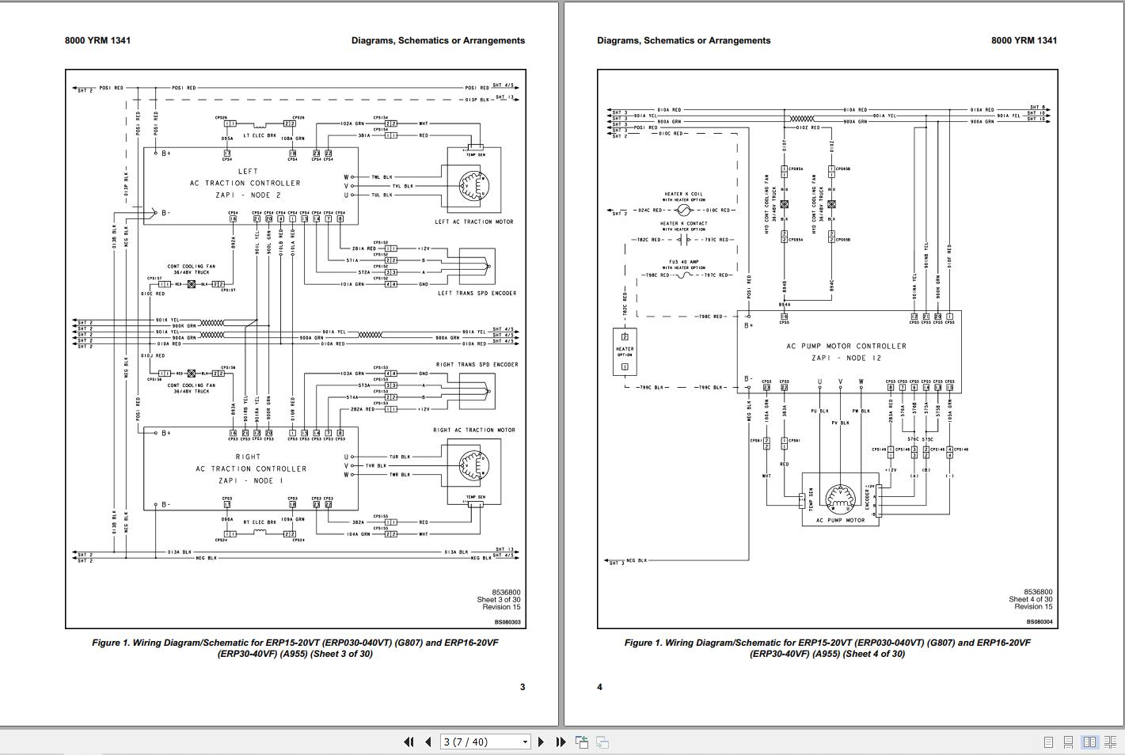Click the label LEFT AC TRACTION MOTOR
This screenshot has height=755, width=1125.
pos(473,222)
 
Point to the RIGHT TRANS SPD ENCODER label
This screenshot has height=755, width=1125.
pos(477,365)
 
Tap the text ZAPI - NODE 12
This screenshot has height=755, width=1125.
pos(846,358)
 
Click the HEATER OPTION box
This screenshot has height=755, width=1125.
pos(625,351)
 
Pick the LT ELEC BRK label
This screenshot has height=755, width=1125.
pos(260,135)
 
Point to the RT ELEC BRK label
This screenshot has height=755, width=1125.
pos(259,522)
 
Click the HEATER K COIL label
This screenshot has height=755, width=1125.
pos(683,194)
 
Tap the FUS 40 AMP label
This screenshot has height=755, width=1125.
pos(684,262)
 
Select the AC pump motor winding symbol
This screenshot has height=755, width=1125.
pos(839,498)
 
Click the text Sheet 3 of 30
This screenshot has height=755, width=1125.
pos(498,600)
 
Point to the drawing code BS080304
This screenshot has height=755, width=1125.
pos(1039,622)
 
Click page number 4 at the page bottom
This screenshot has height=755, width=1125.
pos(599,687)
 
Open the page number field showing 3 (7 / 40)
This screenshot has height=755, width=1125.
pos(485,742)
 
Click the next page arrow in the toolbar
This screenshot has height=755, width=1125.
pos(541,742)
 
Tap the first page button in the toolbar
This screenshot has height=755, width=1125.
pos(409,742)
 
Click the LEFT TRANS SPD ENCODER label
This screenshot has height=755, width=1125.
pos(477,293)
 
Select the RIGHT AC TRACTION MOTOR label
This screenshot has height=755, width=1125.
pos(473,430)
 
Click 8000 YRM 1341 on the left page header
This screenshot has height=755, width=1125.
pos(97,40)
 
